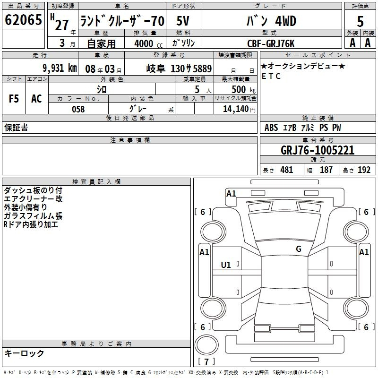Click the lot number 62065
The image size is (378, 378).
click(x=23, y=20)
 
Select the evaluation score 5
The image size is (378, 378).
click(x=360, y=21)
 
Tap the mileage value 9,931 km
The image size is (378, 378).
click(x=60, y=68)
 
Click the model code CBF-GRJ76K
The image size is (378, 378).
click(x=271, y=43)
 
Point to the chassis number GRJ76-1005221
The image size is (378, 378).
click(x=318, y=150)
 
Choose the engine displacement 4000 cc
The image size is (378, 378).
click(x=148, y=43)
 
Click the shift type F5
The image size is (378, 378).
click(x=14, y=99)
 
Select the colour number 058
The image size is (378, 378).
click(x=78, y=109)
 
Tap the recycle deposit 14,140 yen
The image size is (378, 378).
click(x=239, y=109)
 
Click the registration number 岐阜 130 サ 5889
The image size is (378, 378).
click(x=179, y=69)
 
